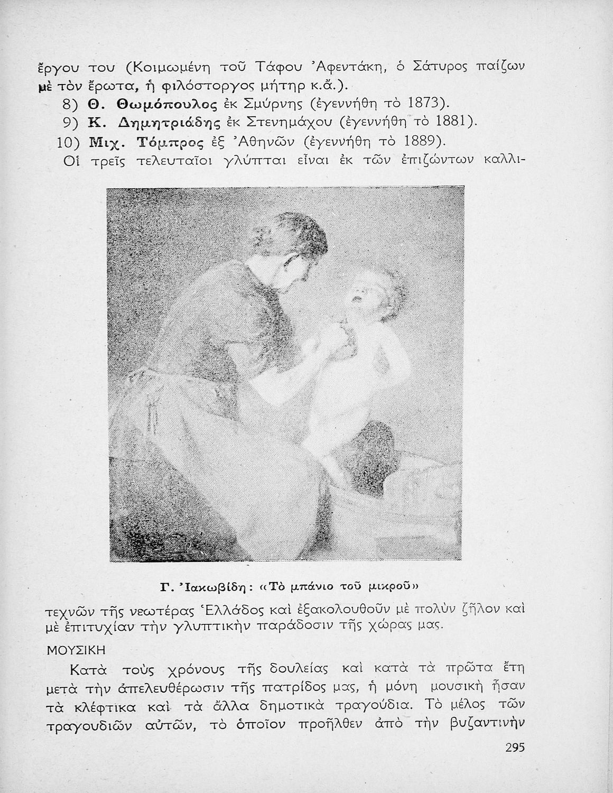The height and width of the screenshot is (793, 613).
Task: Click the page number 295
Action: [x=514, y=748]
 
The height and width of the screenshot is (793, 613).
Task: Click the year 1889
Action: [x=422, y=141]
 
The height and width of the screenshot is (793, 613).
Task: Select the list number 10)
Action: [x=68, y=142]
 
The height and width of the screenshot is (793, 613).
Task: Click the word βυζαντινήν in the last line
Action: [x=486, y=726]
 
